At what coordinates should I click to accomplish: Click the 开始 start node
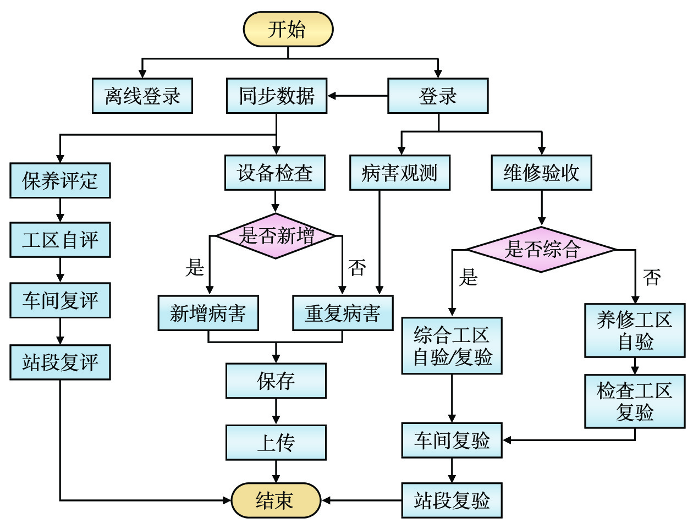click(288, 29)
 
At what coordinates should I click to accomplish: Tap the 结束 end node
click(276, 500)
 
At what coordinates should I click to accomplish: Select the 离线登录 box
click(142, 96)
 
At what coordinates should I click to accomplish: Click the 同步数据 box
click(277, 96)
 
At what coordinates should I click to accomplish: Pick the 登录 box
click(438, 96)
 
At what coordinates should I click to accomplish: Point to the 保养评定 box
click(60, 180)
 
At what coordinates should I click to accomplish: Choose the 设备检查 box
click(275, 173)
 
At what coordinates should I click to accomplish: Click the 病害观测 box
click(400, 173)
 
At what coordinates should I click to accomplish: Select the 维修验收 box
click(542, 173)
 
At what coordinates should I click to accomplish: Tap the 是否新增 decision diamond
click(276, 236)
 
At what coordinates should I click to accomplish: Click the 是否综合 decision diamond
click(542, 249)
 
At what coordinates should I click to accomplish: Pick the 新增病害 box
click(208, 313)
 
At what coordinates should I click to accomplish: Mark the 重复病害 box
click(343, 313)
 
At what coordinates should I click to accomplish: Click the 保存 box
click(276, 381)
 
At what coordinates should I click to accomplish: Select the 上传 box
click(276, 442)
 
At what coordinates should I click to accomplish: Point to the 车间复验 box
click(452, 440)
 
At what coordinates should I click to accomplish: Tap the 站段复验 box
click(452, 500)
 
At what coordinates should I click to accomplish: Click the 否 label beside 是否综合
click(652, 277)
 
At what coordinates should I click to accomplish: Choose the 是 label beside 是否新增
click(195, 268)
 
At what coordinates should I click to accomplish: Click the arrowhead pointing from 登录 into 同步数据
click(332, 96)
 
